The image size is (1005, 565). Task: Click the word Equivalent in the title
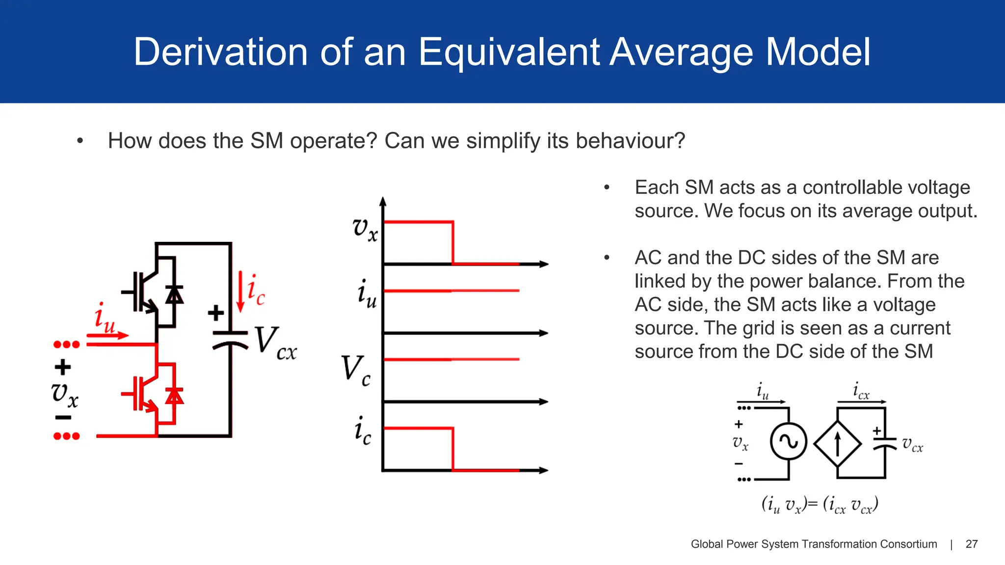[x=509, y=52]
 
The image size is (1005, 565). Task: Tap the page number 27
[x=971, y=544]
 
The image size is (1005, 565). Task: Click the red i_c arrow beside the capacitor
[x=240, y=291]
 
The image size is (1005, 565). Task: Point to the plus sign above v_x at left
[x=63, y=367]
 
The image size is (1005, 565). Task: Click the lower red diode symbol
[x=174, y=395]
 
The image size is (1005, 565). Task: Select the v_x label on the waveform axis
[x=365, y=229]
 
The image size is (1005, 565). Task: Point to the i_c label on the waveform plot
[x=363, y=431]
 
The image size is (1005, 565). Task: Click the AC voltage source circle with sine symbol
[x=789, y=441]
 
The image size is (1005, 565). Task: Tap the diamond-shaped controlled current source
[x=838, y=443]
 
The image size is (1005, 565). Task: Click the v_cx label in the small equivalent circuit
[x=912, y=444]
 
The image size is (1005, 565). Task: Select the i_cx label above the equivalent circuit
[x=861, y=391]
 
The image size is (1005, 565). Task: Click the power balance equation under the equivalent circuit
[x=820, y=505]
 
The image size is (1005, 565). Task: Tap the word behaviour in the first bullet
[x=630, y=141]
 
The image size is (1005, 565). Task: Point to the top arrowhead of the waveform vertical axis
[x=383, y=201]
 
